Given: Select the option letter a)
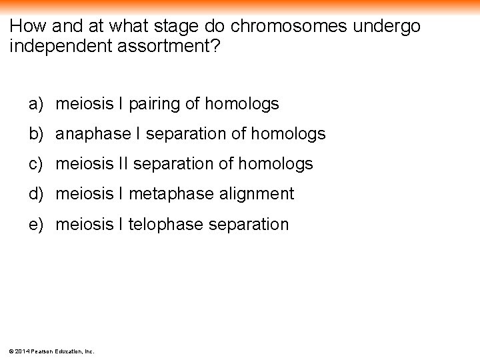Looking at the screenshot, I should [36, 104].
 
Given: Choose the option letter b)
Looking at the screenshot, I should [36, 134].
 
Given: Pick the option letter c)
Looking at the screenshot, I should [36, 164].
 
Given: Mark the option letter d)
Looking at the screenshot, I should [36, 194].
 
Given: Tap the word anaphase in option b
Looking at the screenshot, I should [93, 134].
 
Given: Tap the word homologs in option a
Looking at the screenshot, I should [242, 104].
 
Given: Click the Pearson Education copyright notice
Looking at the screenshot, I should [51, 351].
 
